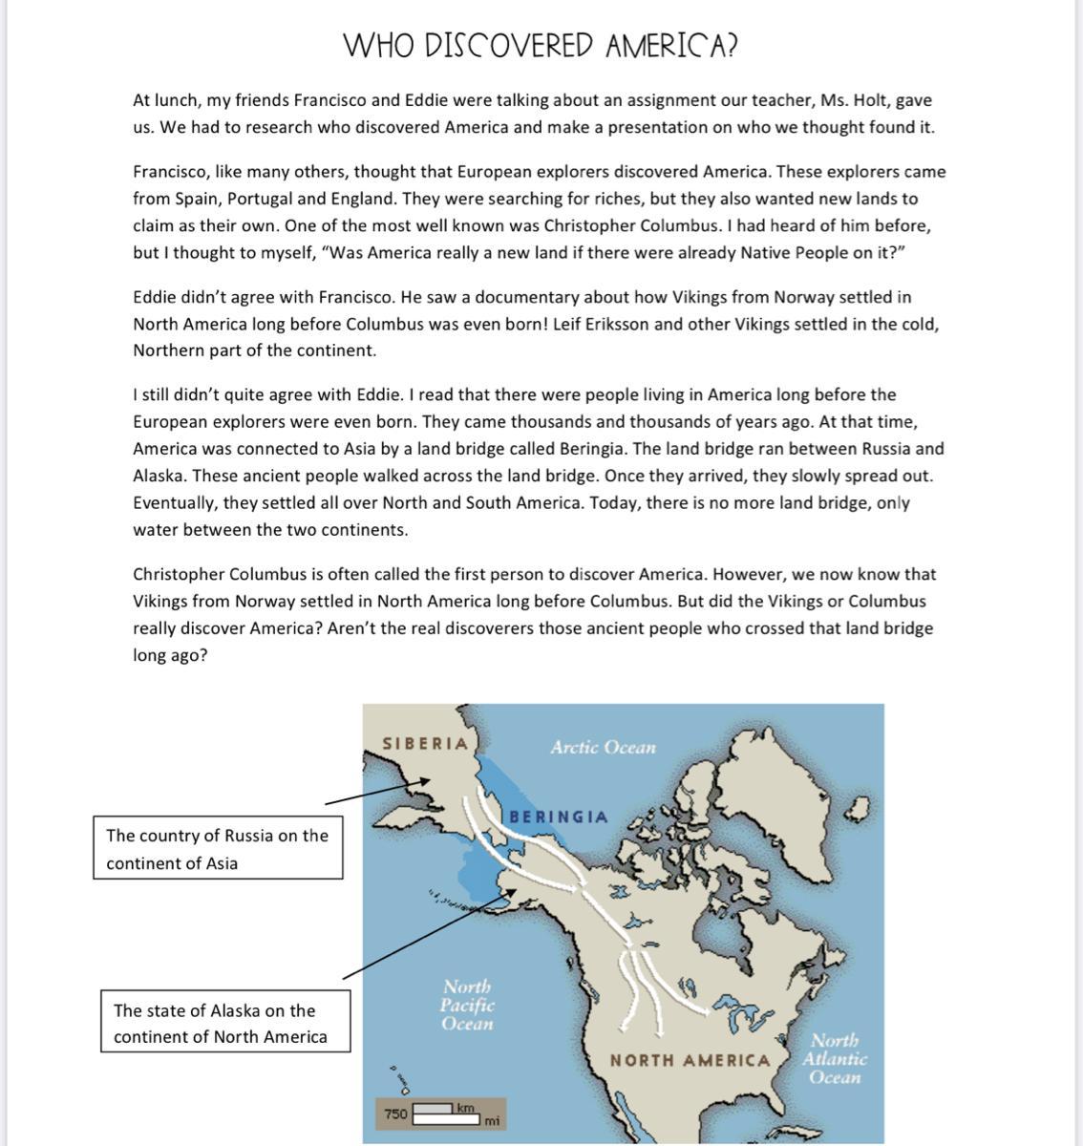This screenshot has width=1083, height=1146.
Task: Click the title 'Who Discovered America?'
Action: (x=541, y=45)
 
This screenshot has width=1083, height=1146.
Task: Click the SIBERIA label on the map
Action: (x=425, y=743)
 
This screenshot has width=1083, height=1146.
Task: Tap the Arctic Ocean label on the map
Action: (x=603, y=747)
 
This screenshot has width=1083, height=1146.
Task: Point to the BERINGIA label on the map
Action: (x=558, y=817)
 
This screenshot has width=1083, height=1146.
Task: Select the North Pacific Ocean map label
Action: (x=467, y=1005)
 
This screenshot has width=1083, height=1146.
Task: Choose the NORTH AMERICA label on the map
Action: (x=690, y=1060)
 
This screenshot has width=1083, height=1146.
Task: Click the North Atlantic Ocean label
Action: (x=834, y=1058)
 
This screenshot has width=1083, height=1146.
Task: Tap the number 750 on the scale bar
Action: (x=395, y=1114)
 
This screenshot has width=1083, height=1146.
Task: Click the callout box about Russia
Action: (x=218, y=848)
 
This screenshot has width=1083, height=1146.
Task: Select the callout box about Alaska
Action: (x=225, y=1023)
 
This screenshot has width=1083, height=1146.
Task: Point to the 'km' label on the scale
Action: (x=465, y=1108)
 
